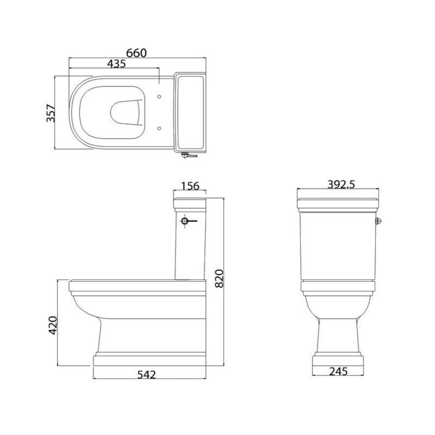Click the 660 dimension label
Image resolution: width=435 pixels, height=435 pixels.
136,53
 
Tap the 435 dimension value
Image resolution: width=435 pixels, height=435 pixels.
116,64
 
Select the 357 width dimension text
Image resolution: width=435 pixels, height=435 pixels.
51,113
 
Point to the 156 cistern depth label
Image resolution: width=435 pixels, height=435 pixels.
190,186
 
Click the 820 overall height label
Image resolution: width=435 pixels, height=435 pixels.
219,278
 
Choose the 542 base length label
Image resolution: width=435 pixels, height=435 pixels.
147,375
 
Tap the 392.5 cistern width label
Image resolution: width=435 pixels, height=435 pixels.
341,184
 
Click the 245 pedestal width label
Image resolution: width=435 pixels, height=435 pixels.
339,371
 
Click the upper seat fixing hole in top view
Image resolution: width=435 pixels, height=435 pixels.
159,96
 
